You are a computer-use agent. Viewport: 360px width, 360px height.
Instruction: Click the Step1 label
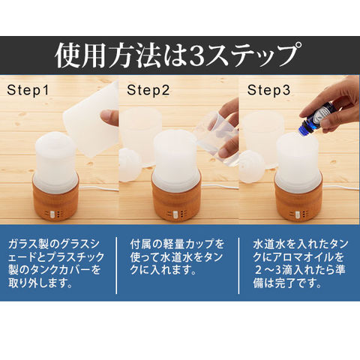28,90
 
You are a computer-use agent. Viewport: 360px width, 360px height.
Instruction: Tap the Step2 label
148,90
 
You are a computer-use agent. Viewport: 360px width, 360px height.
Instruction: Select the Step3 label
268,90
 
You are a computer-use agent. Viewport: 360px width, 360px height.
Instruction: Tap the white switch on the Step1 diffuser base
52,214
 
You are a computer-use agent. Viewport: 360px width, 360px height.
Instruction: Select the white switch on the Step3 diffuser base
297,214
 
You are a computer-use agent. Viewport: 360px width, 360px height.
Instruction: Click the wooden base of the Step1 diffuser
55,200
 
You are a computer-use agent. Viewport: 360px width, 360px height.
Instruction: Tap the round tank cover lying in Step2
130,164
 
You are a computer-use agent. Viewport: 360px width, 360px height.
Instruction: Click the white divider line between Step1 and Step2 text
116,265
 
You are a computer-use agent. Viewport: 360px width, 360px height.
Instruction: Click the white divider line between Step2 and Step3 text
238,265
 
